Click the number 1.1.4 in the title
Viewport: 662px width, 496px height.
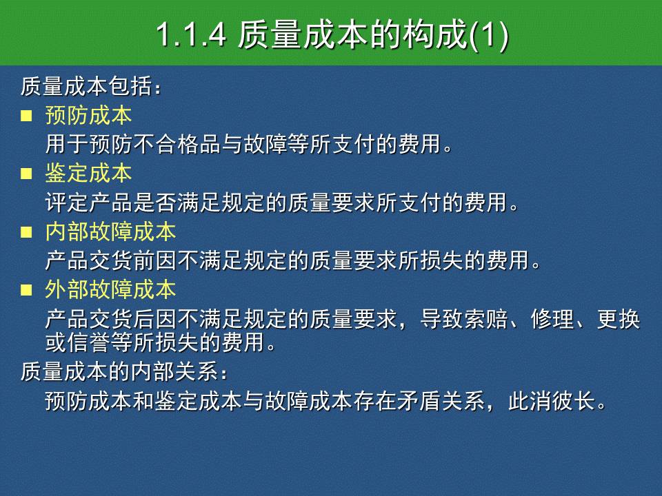pyautogui.click(x=191, y=34)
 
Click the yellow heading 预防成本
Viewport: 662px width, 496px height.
pyautogui.click(x=89, y=115)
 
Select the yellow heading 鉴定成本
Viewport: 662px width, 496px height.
pyautogui.click(x=89, y=174)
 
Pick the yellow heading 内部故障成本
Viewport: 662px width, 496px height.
pyautogui.click(x=110, y=231)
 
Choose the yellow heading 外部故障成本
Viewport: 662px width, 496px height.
pyautogui.click(x=110, y=290)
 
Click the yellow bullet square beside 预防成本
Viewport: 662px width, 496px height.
pyautogui.click(x=26, y=116)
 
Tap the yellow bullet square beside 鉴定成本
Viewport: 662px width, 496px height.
pyautogui.click(x=26, y=174)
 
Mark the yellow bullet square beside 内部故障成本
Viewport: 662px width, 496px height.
pyautogui.click(x=26, y=232)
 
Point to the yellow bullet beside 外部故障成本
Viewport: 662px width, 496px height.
pyautogui.click(x=26, y=290)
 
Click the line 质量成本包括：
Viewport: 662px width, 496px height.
pyautogui.click(x=91, y=87)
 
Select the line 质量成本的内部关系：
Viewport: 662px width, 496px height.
pyautogui.click(x=124, y=371)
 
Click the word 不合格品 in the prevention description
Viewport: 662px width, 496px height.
pyautogui.click(x=177, y=144)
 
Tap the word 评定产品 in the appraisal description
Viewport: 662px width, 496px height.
pyautogui.click(x=89, y=202)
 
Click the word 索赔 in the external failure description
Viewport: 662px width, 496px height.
pyautogui.click(x=485, y=319)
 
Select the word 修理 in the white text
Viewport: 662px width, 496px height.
pyautogui.click(x=552, y=319)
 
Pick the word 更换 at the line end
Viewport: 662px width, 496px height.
pyautogui.click(x=619, y=319)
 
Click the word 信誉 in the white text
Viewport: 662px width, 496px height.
pyautogui.click(x=89, y=342)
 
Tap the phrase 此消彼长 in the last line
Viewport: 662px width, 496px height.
pyautogui.click(x=552, y=401)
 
